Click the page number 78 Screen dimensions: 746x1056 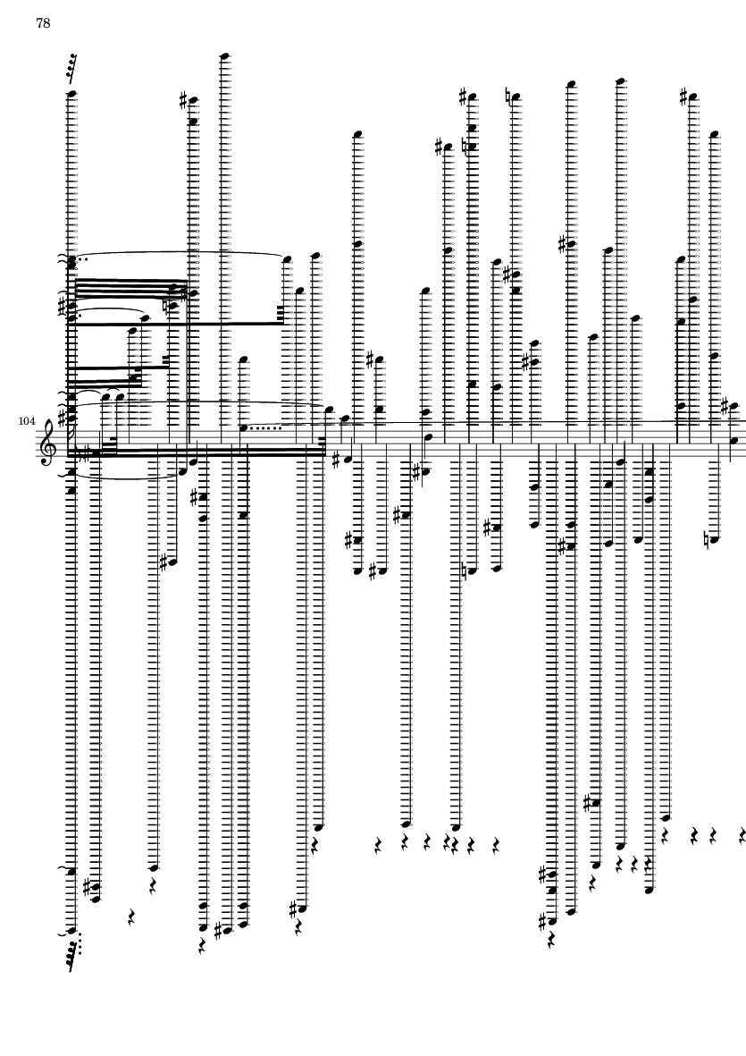click(x=43, y=23)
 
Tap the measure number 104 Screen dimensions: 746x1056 click(x=27, y=421)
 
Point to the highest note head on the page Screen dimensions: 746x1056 click(x=225, y=56)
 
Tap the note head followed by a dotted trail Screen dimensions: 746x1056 click(x=244, y=427)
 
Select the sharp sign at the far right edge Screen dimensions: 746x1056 click(x=725, y=407)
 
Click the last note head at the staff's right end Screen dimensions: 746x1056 click(x=733, y=441)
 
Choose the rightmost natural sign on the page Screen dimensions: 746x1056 click(x=708, y=539)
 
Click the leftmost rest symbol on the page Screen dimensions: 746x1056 click(x=132, y=916)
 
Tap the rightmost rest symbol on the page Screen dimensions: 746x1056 click(x=742, y=836)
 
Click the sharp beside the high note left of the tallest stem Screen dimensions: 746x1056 click(x=184, y=101)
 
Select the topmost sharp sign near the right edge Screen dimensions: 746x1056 click(x=684, y=97)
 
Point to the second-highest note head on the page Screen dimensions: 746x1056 click(x=621, y=82)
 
